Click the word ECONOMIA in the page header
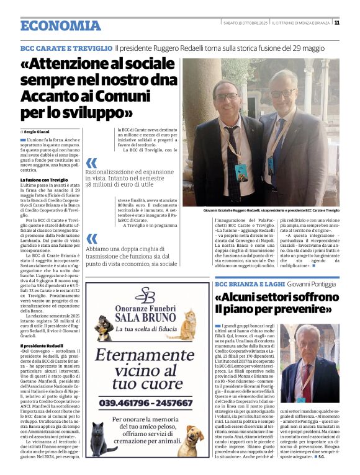60,25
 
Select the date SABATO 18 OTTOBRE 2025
245,23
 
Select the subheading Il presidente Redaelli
42,345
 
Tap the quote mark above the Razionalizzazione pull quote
91,163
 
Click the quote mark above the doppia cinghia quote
91,239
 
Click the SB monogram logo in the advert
144,295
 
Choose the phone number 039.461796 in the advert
126,402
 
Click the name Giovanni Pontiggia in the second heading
312,283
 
